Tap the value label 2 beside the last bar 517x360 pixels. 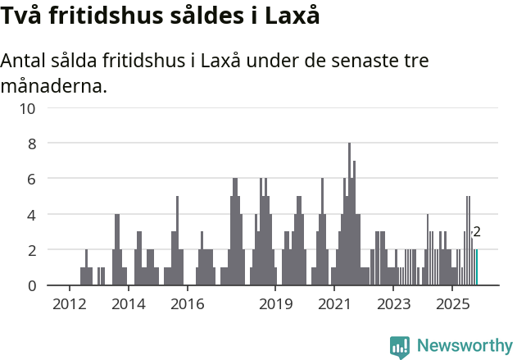tap(477, 233)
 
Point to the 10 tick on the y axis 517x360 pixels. tap(29, 108)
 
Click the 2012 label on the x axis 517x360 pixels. tap(69, 304)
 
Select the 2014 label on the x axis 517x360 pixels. tap(128, 304)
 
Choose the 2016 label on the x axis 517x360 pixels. tap(187, 304)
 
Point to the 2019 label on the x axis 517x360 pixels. tap(275, 304)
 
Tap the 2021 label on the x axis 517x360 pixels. tap(334, 304)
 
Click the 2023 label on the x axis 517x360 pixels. tap(393, 304)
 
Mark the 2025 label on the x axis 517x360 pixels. tap(452, 304)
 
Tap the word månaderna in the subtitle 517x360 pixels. tap(54, 85)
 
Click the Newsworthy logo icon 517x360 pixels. tap(400, 347)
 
